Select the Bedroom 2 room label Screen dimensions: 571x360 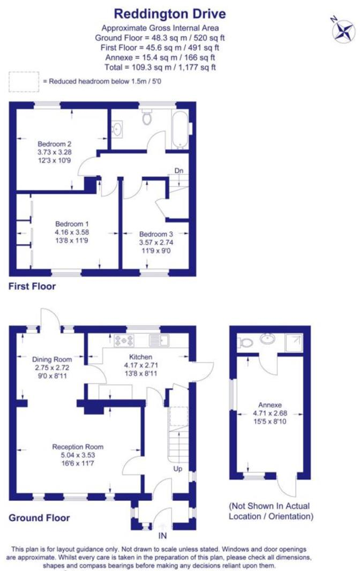54,144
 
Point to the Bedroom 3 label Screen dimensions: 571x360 156,234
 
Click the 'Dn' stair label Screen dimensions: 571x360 179,171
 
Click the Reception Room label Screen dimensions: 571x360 78,447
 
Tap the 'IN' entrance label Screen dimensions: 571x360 162,535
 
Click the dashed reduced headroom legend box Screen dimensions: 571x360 24,81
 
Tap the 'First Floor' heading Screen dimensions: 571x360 32,287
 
